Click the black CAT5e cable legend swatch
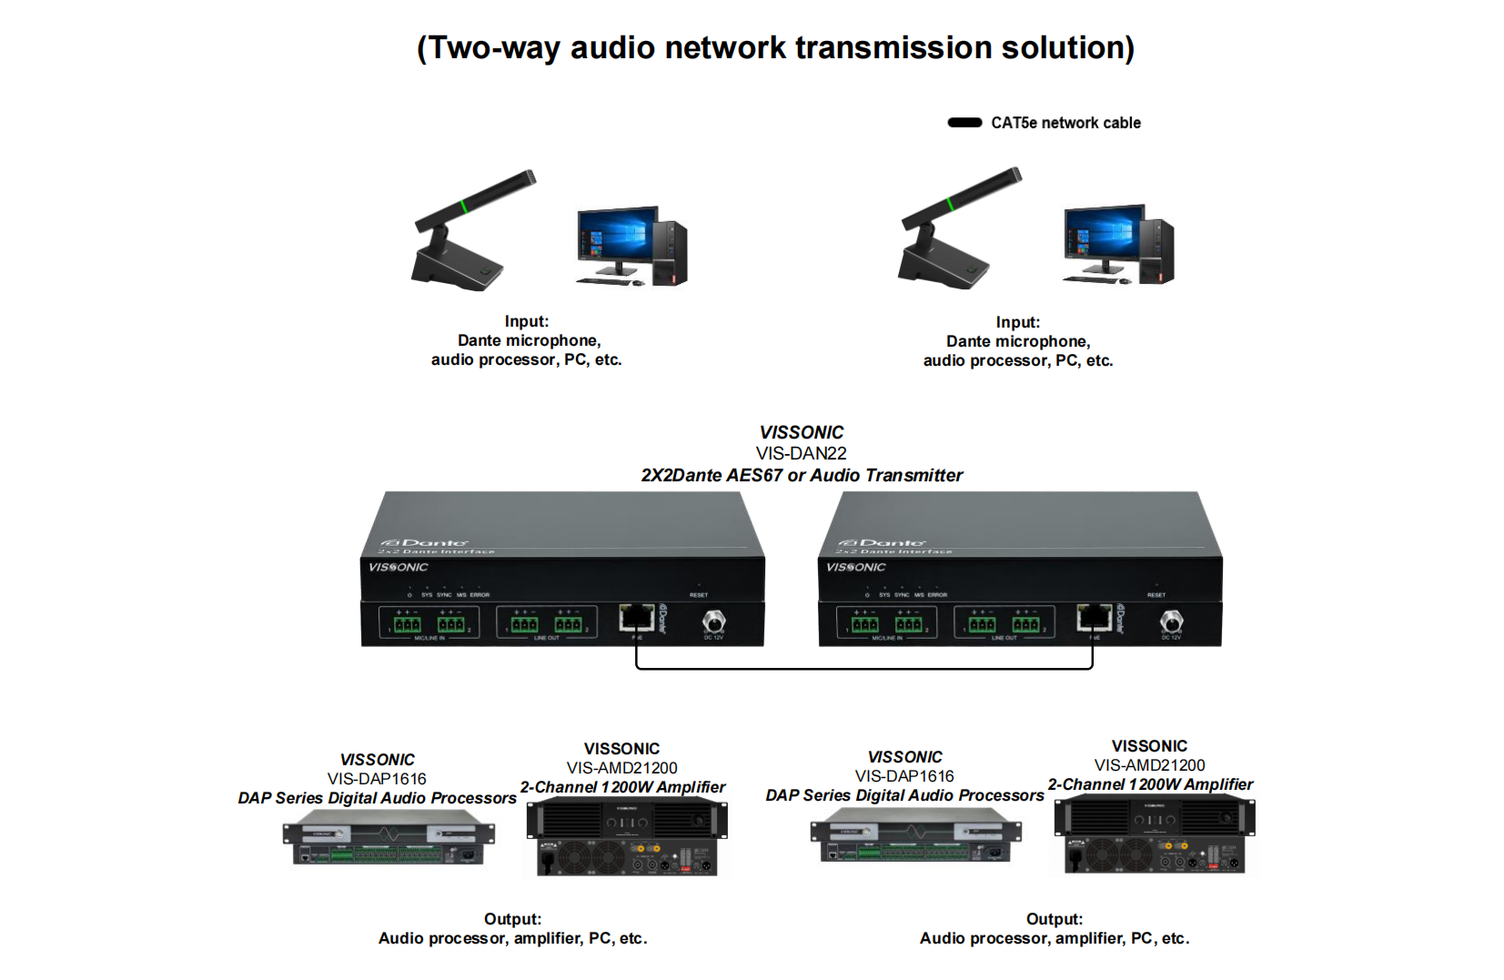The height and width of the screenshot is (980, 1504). (964, 123)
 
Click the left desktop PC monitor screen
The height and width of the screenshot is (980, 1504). (617, 236)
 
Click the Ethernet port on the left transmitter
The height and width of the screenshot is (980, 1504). (637, 618)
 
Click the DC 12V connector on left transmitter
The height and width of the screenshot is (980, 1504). (714, 621)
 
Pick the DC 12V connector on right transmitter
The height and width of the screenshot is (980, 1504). (1172, 621)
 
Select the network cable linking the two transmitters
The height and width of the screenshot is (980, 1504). (864, 669)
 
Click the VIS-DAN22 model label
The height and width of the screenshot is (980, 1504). (801, 453)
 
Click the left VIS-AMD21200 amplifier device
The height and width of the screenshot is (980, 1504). (626, 837)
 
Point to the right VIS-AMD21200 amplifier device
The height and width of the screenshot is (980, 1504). (1154, 834)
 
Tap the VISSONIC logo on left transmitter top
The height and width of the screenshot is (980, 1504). (398, 567)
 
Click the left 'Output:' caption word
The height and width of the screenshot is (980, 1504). (512, 919)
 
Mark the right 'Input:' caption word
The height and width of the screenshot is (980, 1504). (1017, 322)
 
